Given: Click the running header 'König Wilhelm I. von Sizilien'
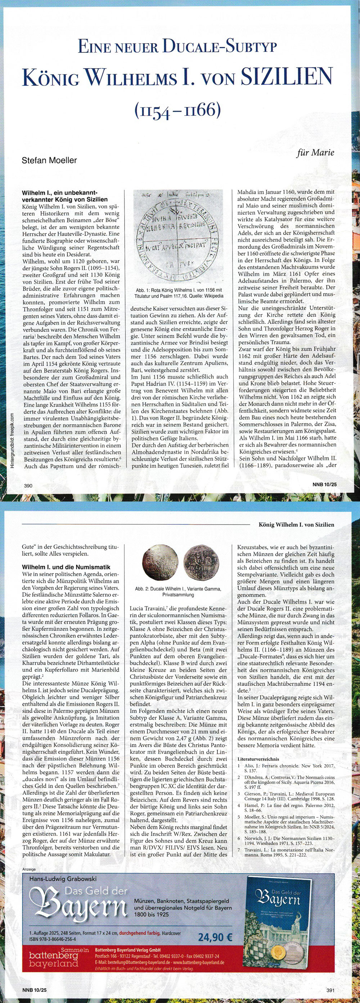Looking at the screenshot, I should click(x=296, y=525).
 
